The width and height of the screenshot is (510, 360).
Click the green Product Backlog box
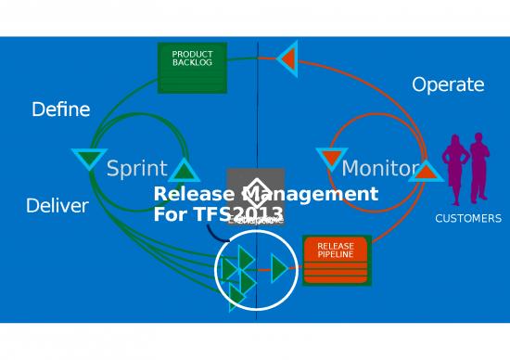192,67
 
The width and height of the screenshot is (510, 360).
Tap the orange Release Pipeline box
336,259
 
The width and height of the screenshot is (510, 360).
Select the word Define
61,109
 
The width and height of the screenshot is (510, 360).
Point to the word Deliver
57,206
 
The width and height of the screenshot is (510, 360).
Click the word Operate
448,85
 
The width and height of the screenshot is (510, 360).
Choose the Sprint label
136,169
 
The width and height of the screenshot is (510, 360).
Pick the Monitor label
380,169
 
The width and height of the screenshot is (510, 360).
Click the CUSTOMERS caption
468,219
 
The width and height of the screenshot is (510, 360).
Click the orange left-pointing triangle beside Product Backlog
287,58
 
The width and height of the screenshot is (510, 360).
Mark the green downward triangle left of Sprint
89,159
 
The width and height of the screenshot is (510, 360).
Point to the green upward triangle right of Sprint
185,171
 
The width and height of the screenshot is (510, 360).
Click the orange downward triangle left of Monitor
330,158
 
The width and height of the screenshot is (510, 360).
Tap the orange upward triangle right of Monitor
426,171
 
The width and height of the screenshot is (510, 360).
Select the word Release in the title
193,194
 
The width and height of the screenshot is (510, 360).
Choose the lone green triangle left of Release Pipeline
278,268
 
